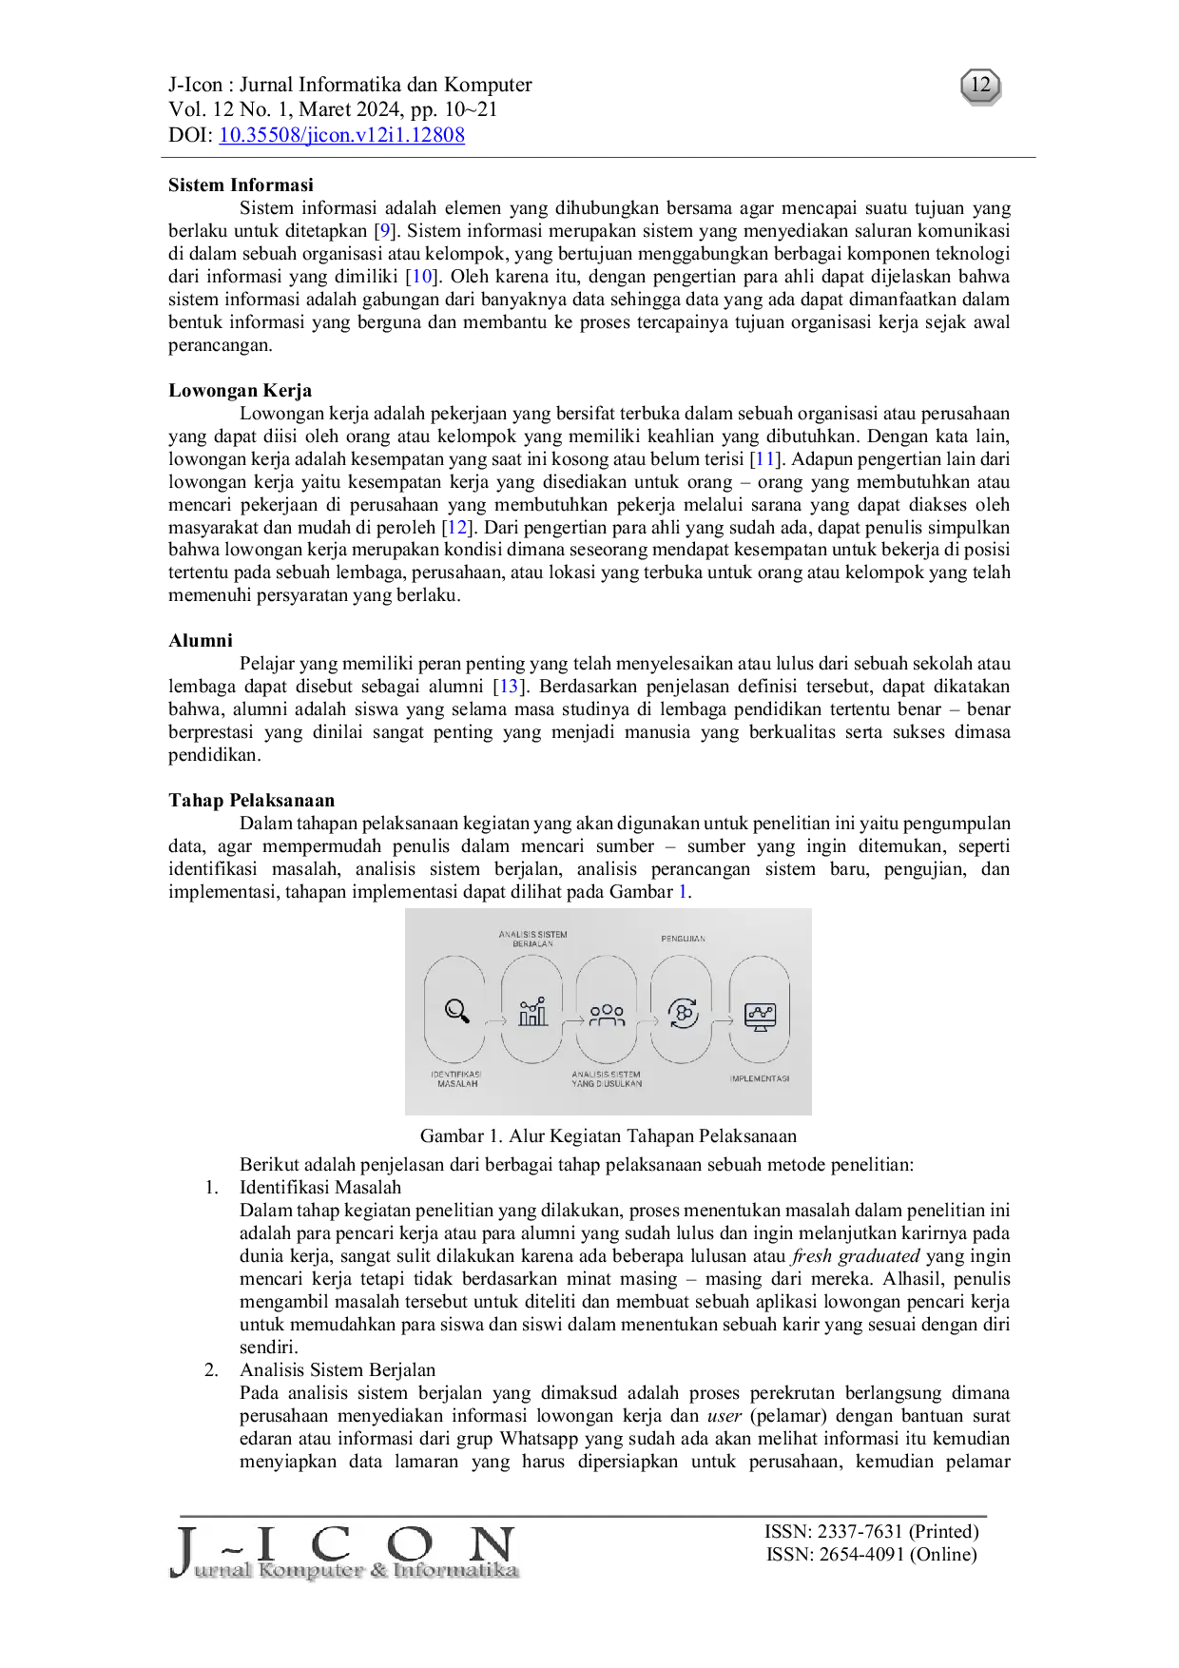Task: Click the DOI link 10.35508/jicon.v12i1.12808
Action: pyautogui.click(x=341, y=135)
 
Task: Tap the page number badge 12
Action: pyautogui.click(x=980, y=87)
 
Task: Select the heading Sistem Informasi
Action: pyautogui.click(x=241, y=185)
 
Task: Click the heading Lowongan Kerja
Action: pyautogui.click(x=240, y=391)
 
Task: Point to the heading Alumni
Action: pyautogui.click(x=201, y=641)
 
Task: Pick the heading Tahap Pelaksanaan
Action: pyautogui.click(x=251, y=801)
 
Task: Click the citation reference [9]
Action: pyautogui.click(x=384, y=231)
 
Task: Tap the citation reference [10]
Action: pyautogui.click(x=422, y=277)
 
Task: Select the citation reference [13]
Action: pyautogui.click(x=510, y=687)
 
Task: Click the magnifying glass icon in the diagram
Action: pyautogui.click(x=457, y=1011)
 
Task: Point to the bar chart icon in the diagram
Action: pyautogui.click(x=532, y=1012)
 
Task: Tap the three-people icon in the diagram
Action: pyautogui.click(x=607, y=1016)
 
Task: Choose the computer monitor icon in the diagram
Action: pyautogui.click(x=760, y=1017)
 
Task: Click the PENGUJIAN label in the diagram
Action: pyautogui.click(x=683, y=939)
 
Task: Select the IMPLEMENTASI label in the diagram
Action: pyautogui.click(x=760, y=1078)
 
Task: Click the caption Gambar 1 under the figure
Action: pyautogui.click(x=609, y=1136)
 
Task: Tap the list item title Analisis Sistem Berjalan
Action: pyautogui.click(x=338, y=1370)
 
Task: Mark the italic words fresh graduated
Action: pyautogui.click(x=856, y=1256)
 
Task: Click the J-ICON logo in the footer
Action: pyautogui.click(x=344, y=1553)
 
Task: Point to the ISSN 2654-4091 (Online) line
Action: pyautogui.click(x=872, y=1555)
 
